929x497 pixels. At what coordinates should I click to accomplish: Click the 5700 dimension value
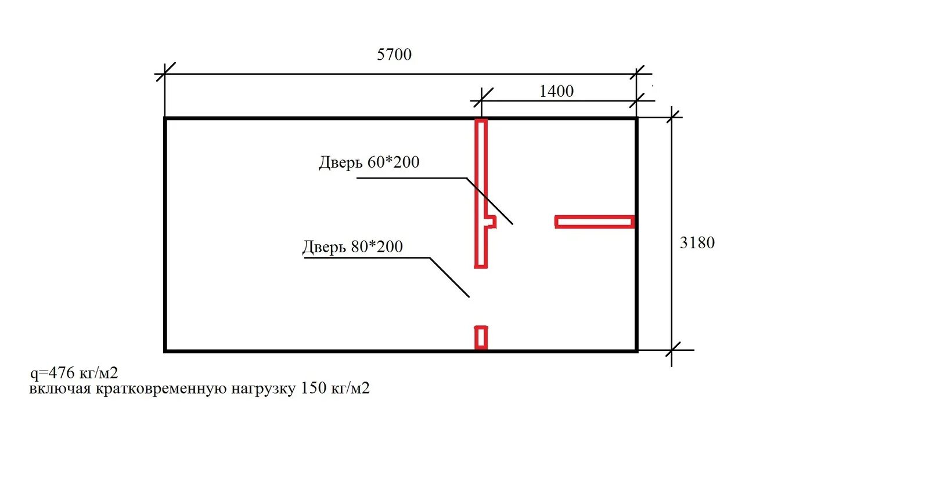(x=394, y=55)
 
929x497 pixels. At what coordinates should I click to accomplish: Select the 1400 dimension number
(x=556, y=91)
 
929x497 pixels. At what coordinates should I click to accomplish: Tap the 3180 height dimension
(x=697, y=242)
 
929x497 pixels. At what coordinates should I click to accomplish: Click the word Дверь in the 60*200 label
(x=340, y=162)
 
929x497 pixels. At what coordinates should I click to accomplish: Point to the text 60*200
(x=393, y=162)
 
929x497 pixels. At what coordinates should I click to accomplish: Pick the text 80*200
(x=377, y=247)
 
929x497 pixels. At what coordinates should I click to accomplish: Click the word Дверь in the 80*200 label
(x=324, y=248)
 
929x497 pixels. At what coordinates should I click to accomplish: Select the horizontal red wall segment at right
(x=594, y=222)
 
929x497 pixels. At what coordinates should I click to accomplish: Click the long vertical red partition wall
(x=481, y=174)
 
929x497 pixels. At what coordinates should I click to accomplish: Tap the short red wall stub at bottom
(x=481, y=338)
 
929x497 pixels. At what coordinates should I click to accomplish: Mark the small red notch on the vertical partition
(x=491, y=222)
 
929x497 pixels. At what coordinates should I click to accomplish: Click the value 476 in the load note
(x=62, y=372)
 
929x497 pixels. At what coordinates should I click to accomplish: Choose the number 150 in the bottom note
(x=313, y=388)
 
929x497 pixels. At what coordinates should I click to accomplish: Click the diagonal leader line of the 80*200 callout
(x=449, y=277)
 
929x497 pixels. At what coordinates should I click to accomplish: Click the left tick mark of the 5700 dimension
(x=165, y=72)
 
